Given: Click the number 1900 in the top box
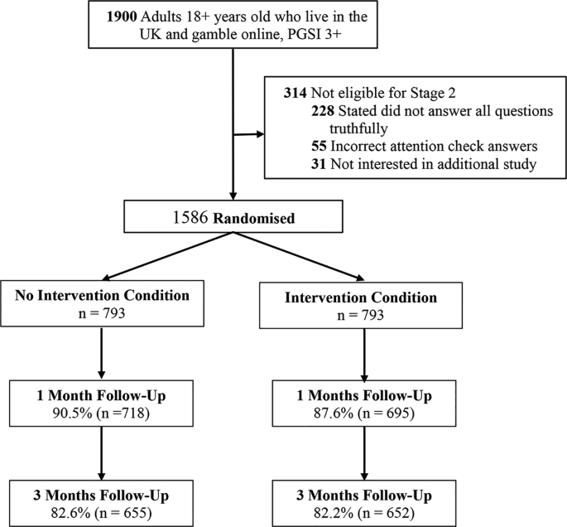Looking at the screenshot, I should pyautogui.click(x=123, y=17).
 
